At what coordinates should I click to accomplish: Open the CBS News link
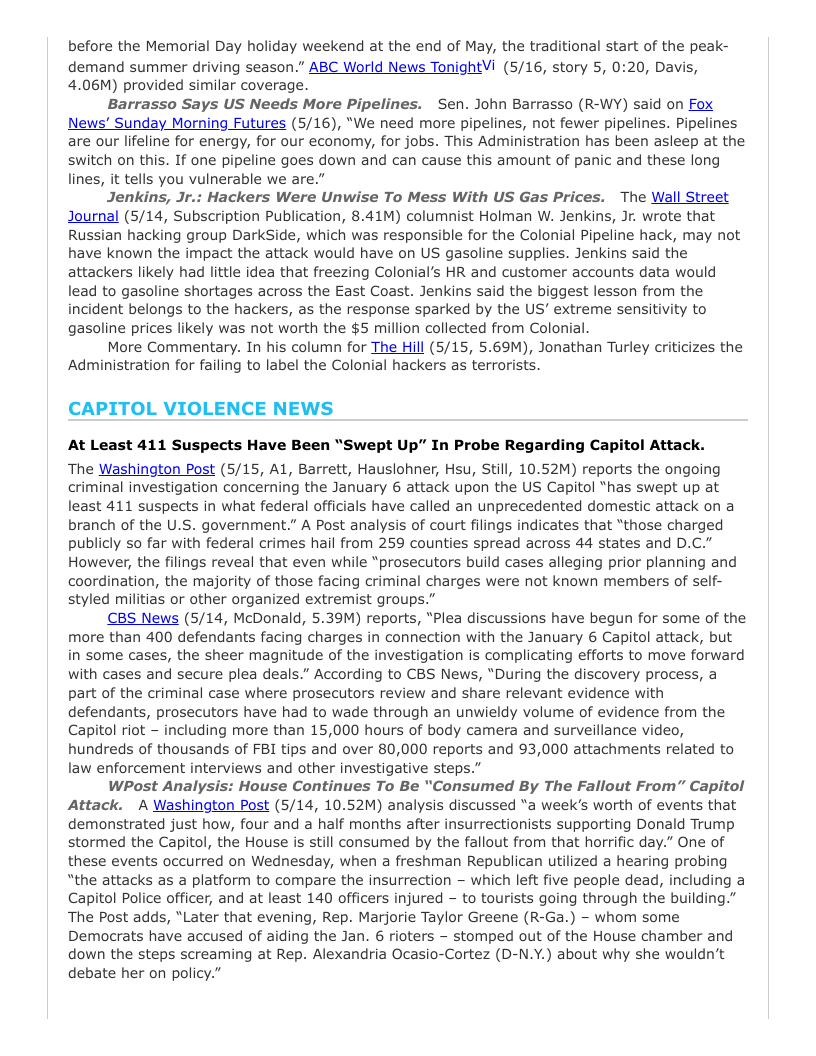[x=143, y=618]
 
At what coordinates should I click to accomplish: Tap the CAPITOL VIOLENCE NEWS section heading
[x=200, y=408]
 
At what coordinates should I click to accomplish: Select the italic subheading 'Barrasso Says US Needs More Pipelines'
[x=264, y=104]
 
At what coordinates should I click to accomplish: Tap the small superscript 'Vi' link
[x=489, y=65]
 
